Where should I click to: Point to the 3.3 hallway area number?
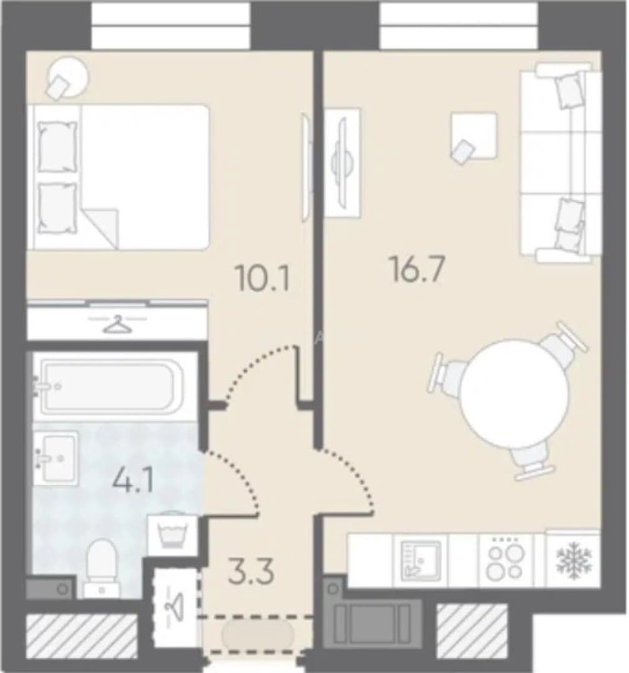click(251, 572)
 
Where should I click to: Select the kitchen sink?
click(420, 560)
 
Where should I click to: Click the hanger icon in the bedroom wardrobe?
click(117, 324)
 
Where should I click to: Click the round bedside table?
click(69, 79)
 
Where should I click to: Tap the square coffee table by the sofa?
click(474, 136)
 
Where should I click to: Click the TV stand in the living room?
click(342, 162)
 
